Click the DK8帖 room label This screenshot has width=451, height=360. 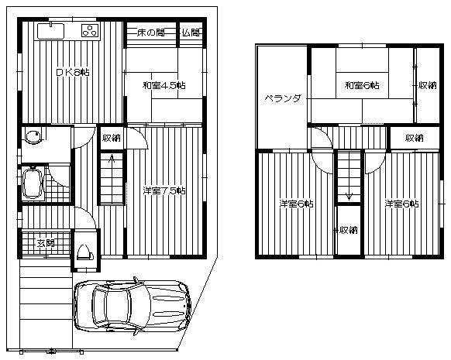click(71, 72)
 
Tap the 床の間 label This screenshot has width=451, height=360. click(150, 33)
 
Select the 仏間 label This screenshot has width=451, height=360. click(191, 33)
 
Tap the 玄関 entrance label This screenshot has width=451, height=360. click(45, 243)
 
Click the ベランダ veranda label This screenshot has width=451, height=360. click(282, 98)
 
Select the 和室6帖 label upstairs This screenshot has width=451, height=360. click(362, 85)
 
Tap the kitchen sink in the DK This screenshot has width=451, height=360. click(50, 32)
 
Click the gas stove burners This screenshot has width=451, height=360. click(90, 32)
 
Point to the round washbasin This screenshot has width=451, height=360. click(33, 138)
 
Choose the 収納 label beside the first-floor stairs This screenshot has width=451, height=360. click(111, 138)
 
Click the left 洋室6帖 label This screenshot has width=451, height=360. click(296, 204)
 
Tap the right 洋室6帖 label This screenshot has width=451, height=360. click(401, 204)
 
